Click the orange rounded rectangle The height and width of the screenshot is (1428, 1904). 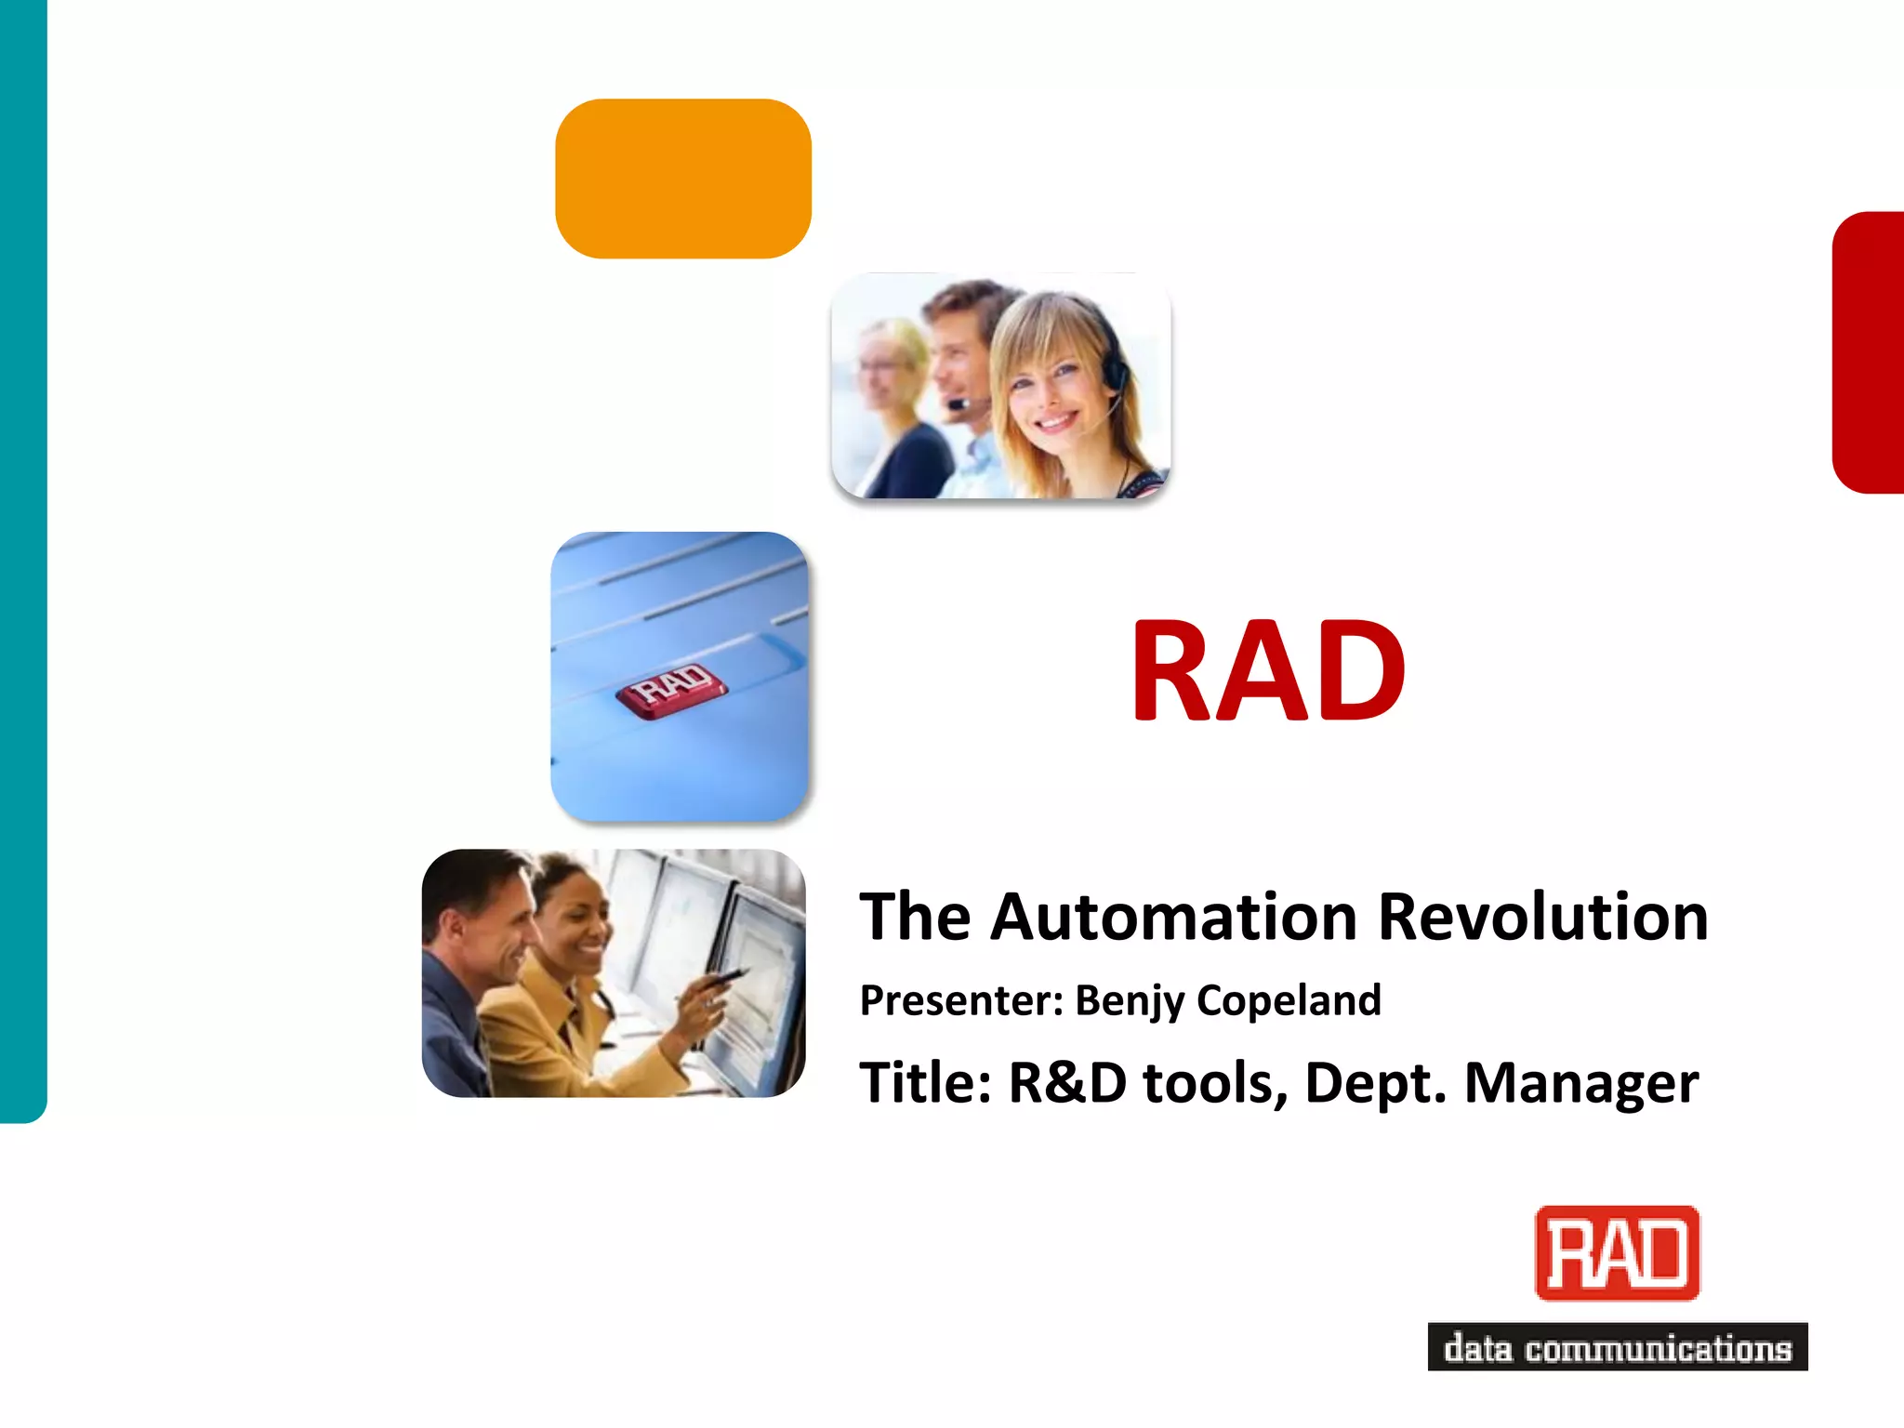point(683,178)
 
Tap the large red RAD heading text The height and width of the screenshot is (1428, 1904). point(1268,671)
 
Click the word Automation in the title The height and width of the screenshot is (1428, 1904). point(1173,917)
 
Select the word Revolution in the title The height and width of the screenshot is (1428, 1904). point(1542,917)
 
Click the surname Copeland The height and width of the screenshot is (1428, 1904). point(1289,1000)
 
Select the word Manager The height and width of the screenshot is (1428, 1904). point(1581,1083)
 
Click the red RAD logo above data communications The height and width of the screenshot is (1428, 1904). point(1617,1252)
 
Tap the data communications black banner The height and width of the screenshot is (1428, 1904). point(1617,1347)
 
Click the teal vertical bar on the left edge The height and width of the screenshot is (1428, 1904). point(22,558)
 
